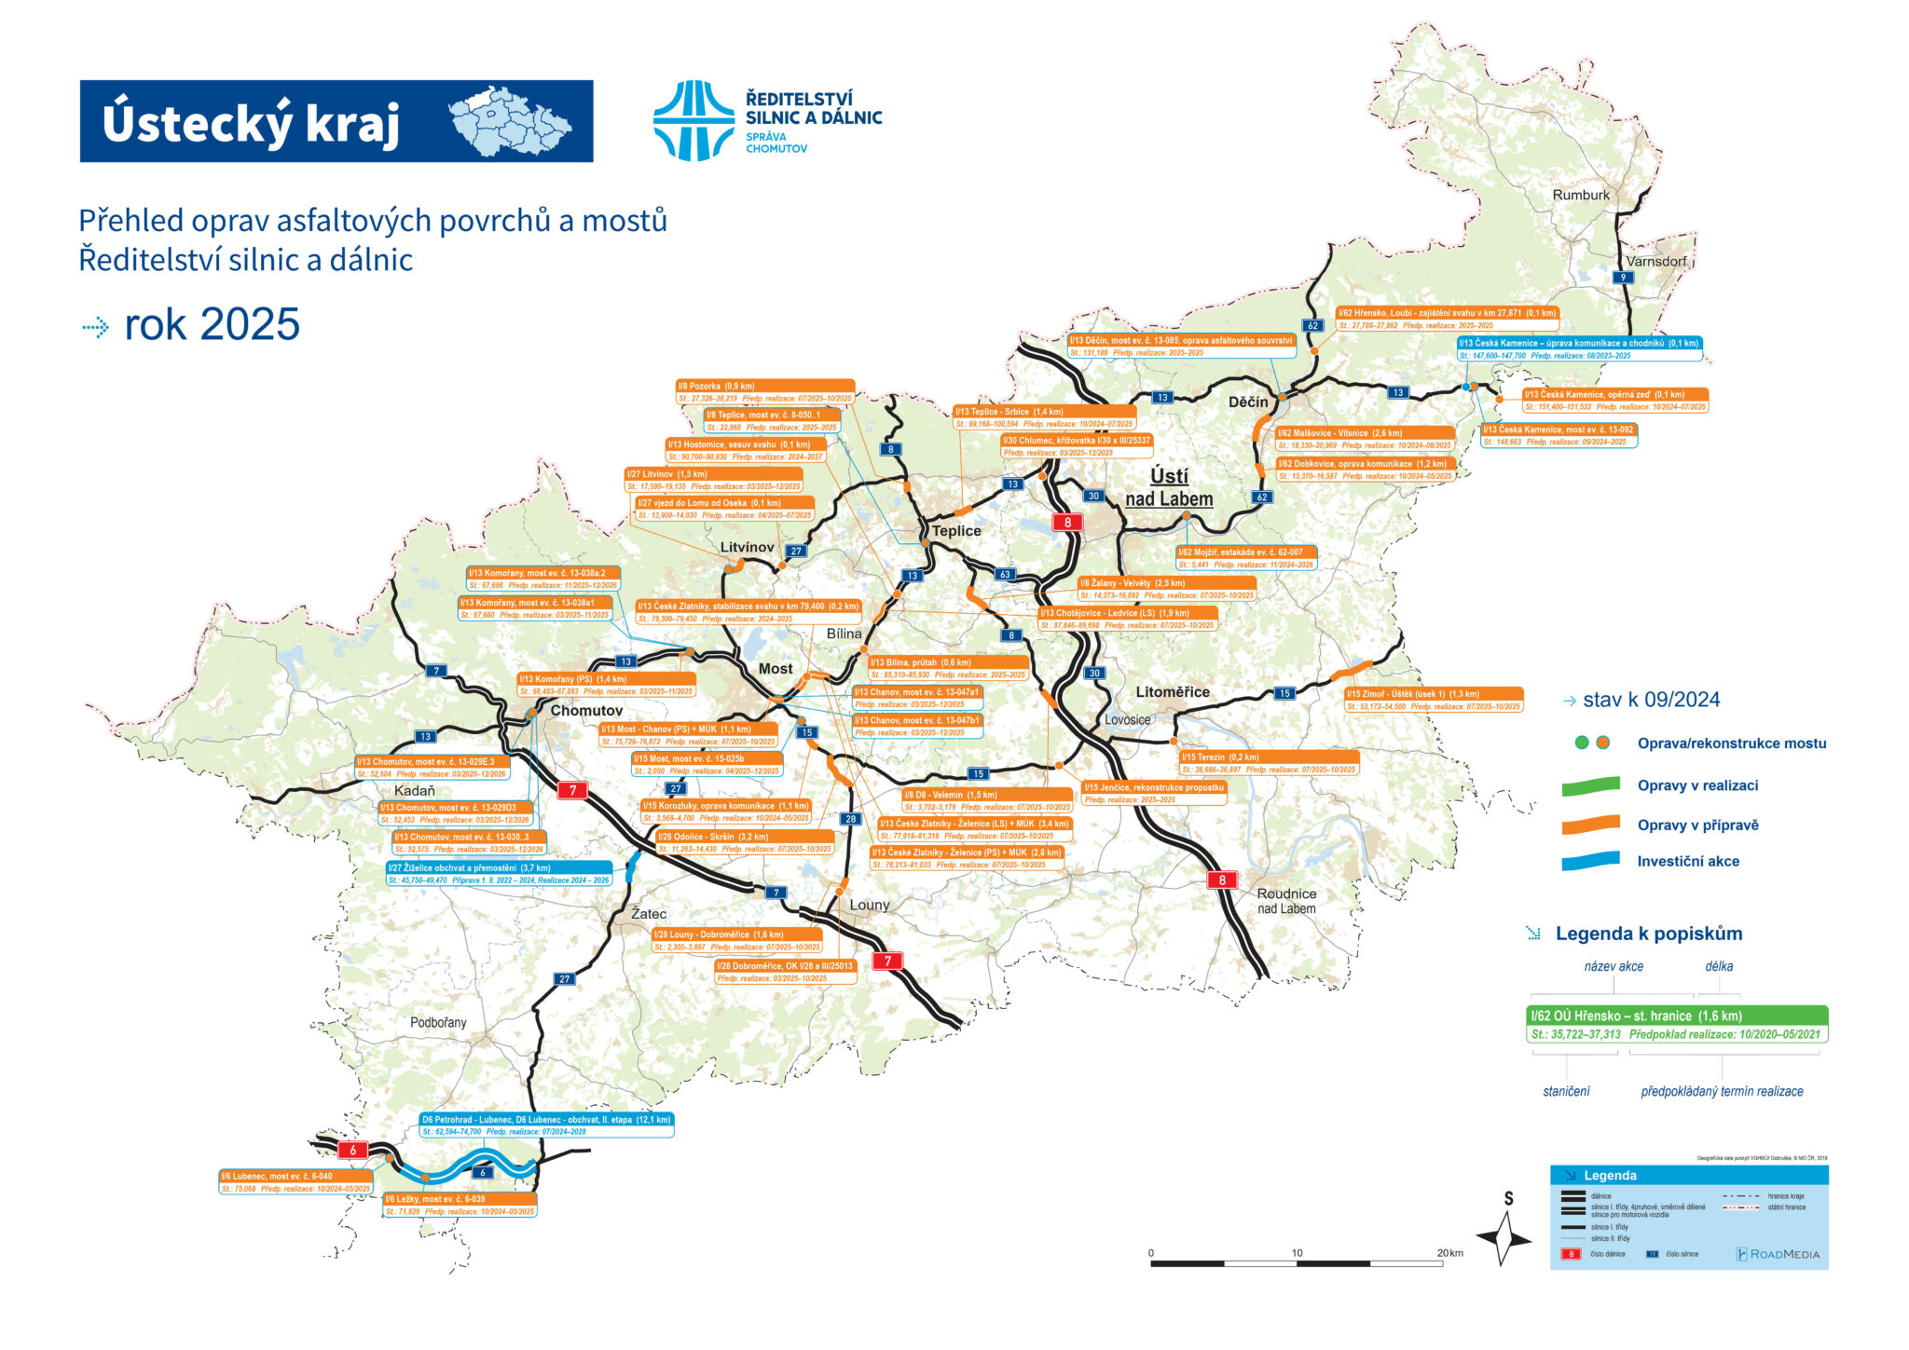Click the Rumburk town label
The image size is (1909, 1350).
coord(1581,196)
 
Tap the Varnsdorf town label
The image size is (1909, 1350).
coord(1656,262)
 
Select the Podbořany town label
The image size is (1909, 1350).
coord(438,1023)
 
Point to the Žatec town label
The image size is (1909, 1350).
coord(649,914)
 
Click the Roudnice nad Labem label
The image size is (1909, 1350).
coord(1286,901)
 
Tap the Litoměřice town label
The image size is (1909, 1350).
coord(1172,692)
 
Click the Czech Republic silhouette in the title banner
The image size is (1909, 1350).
coord(510,121)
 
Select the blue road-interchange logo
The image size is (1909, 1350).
coord(694,121)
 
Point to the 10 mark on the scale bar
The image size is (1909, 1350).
coord(1297,1253)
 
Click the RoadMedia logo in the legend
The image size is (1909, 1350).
coord(1778,1254)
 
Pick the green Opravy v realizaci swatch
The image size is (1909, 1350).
coord(1591,786)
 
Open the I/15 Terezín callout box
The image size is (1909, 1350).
coord(1269,763)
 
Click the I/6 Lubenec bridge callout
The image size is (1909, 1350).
coord(295,1182)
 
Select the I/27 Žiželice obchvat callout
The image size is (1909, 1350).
coord(500,874)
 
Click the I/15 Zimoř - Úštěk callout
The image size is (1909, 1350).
coord(1434,700)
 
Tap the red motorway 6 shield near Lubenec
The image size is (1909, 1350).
coord(352,1150)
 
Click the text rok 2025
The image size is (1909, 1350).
coord(212,324)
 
